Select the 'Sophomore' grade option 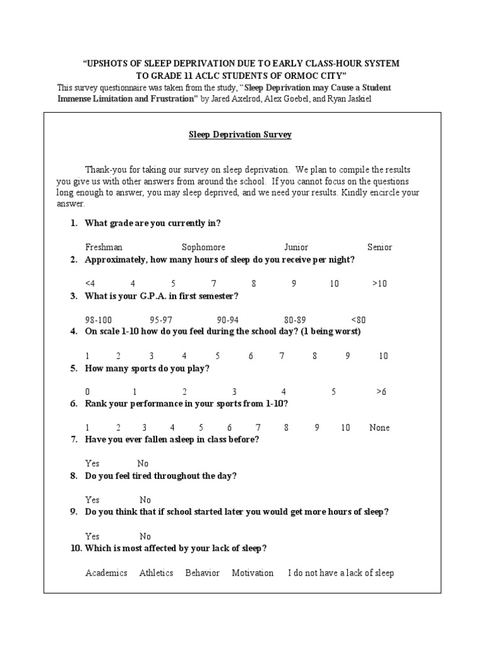click(203, 248)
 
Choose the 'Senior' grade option click(379, 248)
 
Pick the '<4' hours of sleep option click(91, 283)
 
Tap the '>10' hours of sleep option click(379, 283)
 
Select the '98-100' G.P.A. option click(99, 320)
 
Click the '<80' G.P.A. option click(358, 320)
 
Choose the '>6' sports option click(381, 392)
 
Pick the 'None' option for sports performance click(379, 428)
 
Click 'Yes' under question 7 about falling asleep click(92, 464)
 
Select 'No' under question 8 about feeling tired click(145, 500)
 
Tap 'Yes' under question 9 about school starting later click(92, 537)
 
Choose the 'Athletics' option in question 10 click(156, 573)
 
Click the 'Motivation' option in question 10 click(252, 573)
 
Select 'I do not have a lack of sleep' click(341, 573)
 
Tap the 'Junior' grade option click(296, 248)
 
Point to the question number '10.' click(76, 549)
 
